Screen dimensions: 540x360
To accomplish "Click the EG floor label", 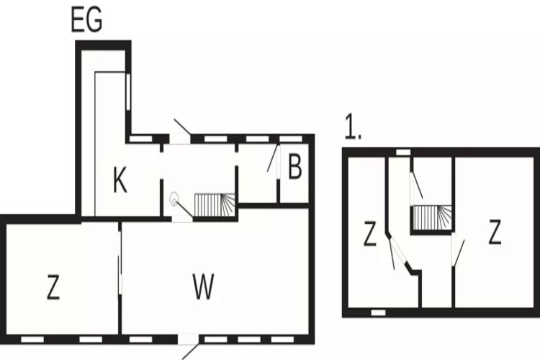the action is (86, 20).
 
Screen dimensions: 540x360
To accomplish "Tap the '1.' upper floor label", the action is (354, 127).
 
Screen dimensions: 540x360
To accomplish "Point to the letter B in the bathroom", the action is (295, 167).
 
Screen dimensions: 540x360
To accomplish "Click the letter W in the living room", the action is (203, 287).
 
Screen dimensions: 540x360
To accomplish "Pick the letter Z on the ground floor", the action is (53, 287).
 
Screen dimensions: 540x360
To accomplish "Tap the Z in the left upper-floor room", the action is (370, 233).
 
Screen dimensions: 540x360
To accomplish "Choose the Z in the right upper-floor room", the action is (495, 232).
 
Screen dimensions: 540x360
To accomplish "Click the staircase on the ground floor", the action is (215, 204).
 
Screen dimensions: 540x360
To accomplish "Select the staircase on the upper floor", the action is (432, 217).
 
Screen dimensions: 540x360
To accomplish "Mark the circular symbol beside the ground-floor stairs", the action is (174, 199).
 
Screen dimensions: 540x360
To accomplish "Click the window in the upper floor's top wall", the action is (403, 152).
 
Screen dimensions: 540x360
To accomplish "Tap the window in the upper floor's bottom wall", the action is (378, 312).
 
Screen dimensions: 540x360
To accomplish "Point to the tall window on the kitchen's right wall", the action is (128, 91).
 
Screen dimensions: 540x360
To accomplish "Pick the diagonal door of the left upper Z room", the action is (398, 251).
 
